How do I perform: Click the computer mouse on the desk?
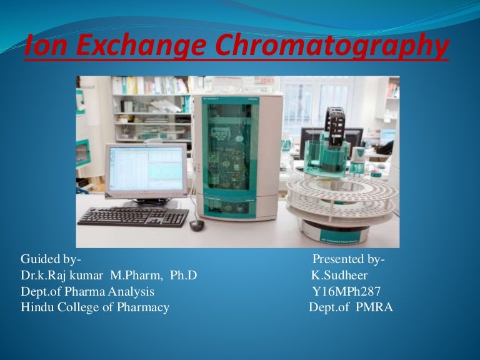[x=197, y=224]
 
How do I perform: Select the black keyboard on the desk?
[x=133, y=216]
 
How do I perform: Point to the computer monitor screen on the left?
[x=145, y=169]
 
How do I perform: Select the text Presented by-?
[x=349, y=259]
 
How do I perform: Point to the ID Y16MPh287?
[x=346, y=291]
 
